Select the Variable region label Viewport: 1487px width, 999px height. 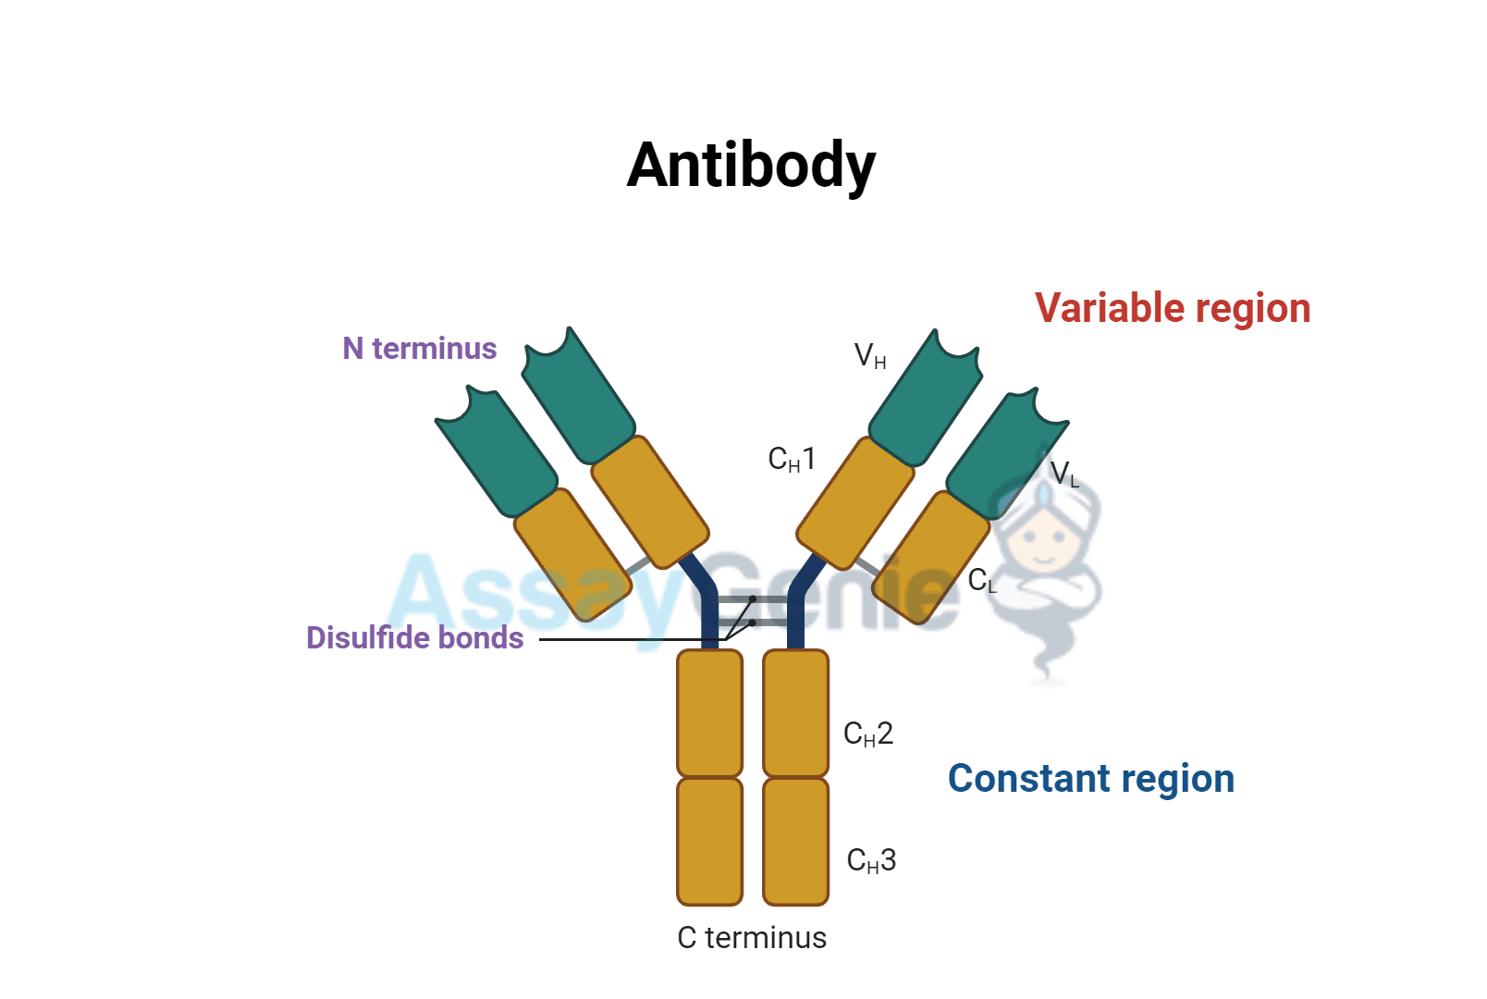tap(1172, 308)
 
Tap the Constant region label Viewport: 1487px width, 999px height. tap(1090, 778)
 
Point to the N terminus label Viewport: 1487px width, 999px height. tap(419, 348)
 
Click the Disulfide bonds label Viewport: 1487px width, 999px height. tap(414, 637)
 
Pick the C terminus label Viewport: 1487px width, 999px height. tap(751, 937)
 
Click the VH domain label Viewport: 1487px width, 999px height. tap(869, 355)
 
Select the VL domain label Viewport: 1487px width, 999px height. tap(1064, 474)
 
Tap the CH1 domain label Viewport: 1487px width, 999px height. tap(792, 459)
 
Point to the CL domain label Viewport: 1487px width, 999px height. tap(982, 581)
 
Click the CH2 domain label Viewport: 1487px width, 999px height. tap(867, 734)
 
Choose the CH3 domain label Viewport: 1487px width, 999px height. tap(871, 860)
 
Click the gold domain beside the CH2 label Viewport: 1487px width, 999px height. tap(795, 712)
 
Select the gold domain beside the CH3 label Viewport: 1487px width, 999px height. tap(795, 841)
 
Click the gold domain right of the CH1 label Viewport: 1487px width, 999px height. tap(855, 503)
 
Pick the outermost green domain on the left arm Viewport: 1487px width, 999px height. tap(495, 453)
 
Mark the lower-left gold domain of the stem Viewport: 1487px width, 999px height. tap(709, 841)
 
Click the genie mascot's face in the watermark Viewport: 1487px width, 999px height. tap(1043, 541)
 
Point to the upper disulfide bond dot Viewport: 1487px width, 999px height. tap(753, 599)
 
